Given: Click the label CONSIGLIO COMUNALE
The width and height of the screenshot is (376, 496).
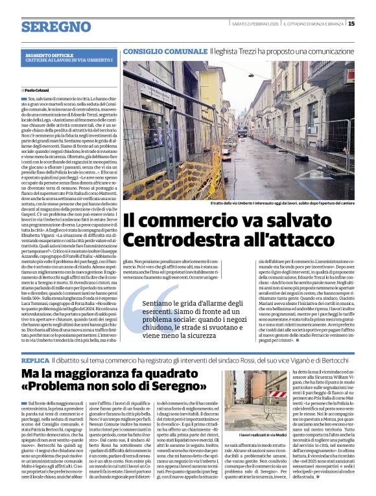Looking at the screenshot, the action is coord(165,51).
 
